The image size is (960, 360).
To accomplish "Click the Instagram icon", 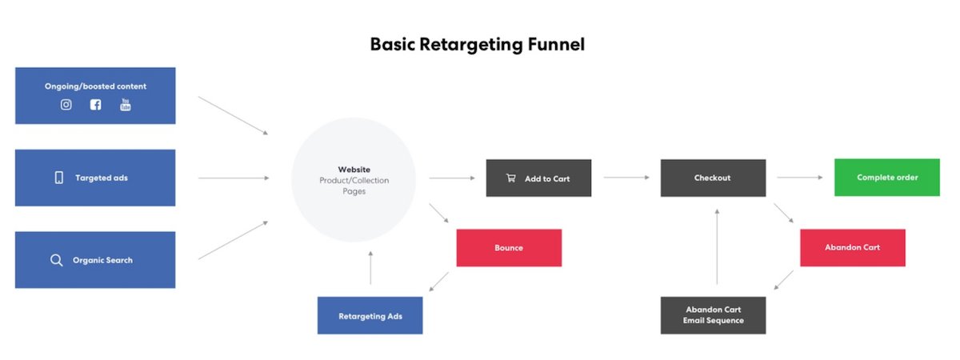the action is [x=66, y=105].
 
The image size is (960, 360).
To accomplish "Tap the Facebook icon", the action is [x=95, y=105].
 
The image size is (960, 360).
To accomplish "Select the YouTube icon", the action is [x=125, y=105].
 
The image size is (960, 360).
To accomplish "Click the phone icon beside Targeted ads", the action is [x=59, y=178].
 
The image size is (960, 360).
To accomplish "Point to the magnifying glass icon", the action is [x=56, y=260].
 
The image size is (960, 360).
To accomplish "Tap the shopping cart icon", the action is [x=511, y=178].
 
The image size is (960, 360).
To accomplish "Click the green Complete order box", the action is [x=886, y=178].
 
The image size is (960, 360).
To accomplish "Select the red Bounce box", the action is [x=509, y=248].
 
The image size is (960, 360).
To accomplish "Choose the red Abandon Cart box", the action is [x=853, y=248].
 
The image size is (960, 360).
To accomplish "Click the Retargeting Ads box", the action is [x=370, y=315].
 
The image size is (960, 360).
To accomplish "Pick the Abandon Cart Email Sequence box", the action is [x=713, y=315].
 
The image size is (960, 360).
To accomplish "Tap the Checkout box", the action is [x=713, y=178].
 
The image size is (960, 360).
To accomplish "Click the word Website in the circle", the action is [x=354, y=170].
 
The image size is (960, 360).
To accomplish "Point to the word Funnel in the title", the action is [x=556, y=44].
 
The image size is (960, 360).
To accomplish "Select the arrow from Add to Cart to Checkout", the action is [x=626, y=178].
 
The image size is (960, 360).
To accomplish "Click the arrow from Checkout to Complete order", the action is [x=800, y=178].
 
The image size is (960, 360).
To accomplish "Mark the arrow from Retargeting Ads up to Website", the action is [x=370, y=268].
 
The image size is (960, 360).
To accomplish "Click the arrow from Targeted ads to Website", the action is [x=234, y=178].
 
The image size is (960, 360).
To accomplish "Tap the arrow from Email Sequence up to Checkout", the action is [x=717, y=246].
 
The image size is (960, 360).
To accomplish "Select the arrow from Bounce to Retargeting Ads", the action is [x=439, y=282].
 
